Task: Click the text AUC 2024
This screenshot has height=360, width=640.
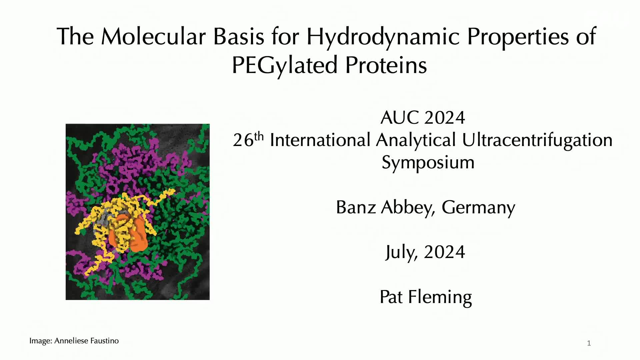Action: pos(423,118)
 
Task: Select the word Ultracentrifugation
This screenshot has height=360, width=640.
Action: pos(537,140)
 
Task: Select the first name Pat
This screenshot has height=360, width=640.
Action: pos(391,297)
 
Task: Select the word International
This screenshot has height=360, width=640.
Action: pos(320,140)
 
